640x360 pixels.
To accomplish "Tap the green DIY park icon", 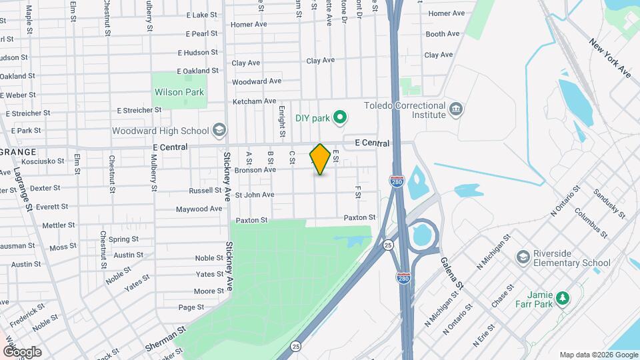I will pyautogui.click(x=341, y=119).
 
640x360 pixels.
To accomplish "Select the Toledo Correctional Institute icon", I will pyautogui.click(x=456, y=109).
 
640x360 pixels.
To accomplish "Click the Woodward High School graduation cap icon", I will pyautogui.click(x=219, y=131).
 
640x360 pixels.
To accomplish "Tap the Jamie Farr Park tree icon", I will pyautogui.click(x=563, y=298).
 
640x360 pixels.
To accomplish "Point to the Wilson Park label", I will pyautogui.click(x=179, y=92).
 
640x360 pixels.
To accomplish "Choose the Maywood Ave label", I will pyautogui.click(x=199, y=209).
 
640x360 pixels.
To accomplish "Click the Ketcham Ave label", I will pyautogui.click(x=253, y=101).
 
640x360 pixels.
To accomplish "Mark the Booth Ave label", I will pyautogui.click(x=443, y=34).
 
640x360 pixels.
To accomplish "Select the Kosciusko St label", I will pyautogui.click(x=43, y=161).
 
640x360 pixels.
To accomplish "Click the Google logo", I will pyautogui.click(x=21, y=352).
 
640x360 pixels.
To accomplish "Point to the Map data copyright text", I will pyautogui.click(x=597, y=355).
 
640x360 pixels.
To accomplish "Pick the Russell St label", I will pyautogui.click(x=205, y=191).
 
